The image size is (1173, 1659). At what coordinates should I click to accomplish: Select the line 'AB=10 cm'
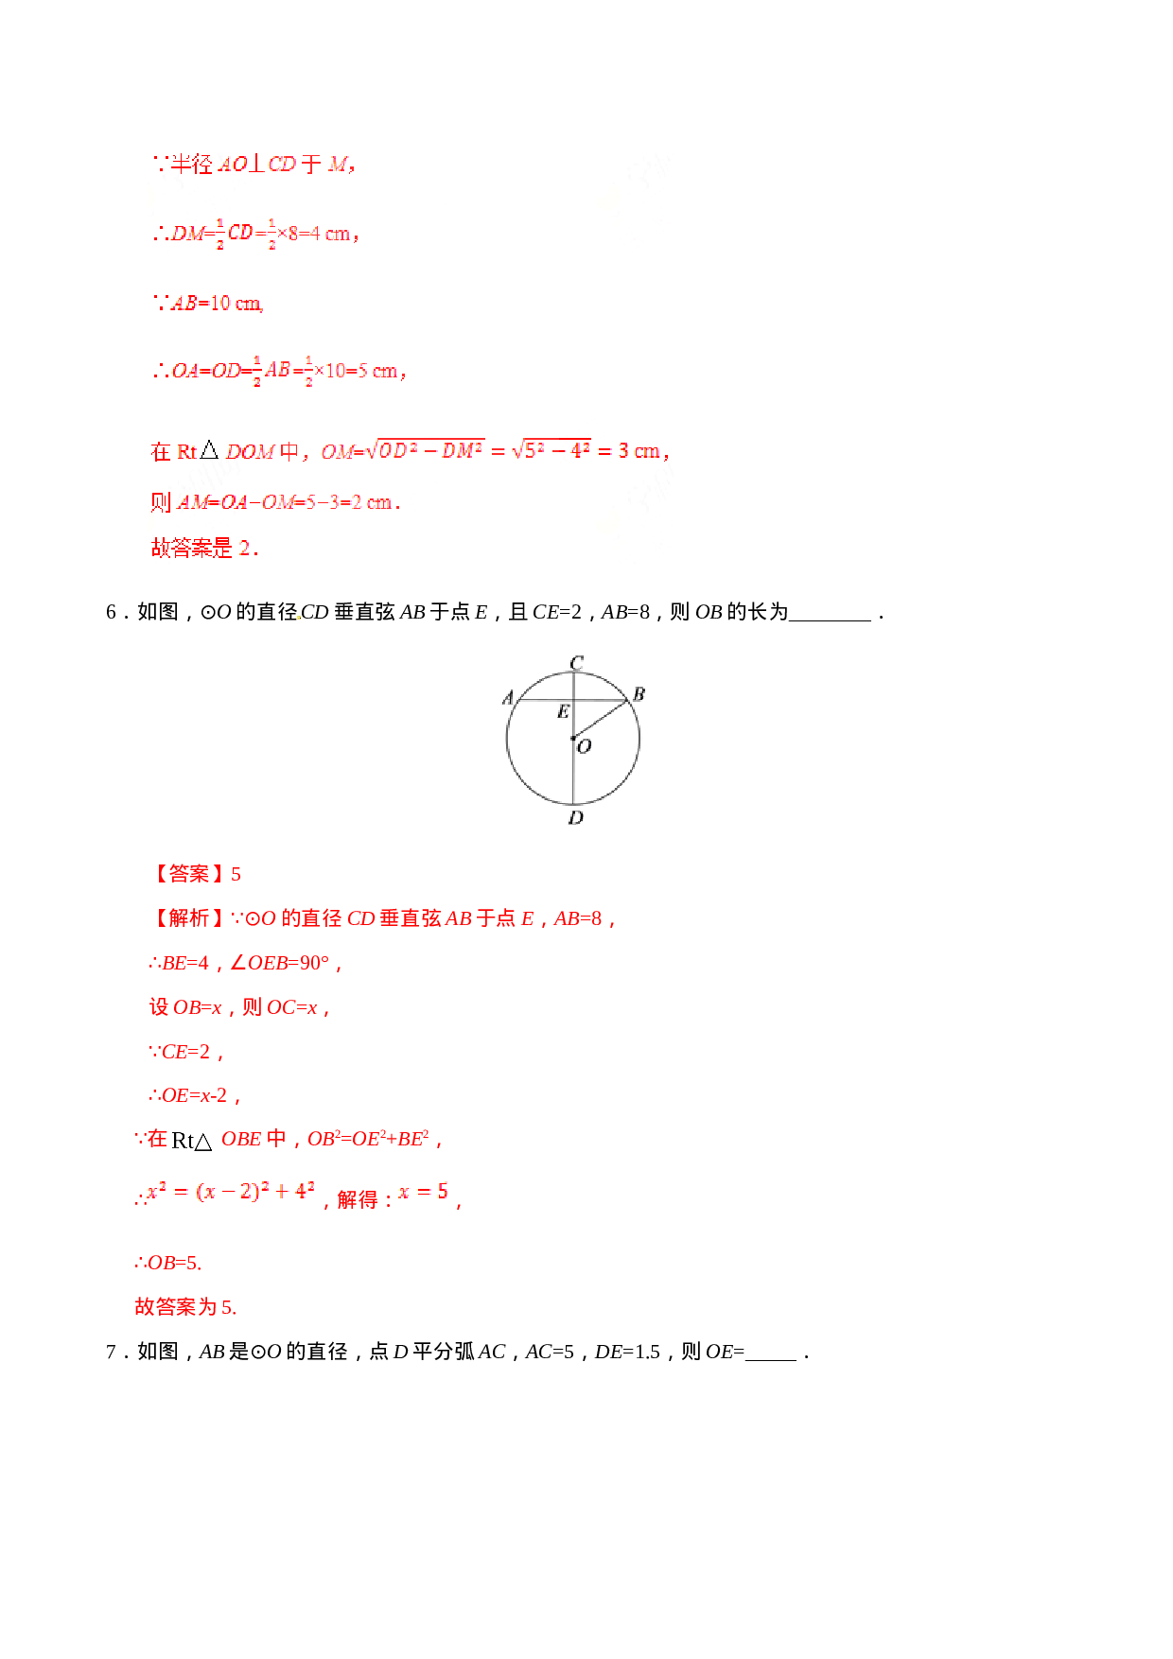pos(209,304)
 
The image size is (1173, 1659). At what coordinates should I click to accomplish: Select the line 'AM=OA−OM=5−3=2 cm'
pos(275,502)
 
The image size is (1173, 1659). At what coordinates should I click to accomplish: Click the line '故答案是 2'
pos(204,549)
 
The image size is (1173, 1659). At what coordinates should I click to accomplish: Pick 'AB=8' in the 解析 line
pos(578,918)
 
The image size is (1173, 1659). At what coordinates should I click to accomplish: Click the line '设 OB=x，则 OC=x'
pos(239,1007)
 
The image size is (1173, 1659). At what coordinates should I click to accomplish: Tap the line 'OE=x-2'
pos(195,1095)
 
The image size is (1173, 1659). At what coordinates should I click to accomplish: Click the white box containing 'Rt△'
pos(194,1140)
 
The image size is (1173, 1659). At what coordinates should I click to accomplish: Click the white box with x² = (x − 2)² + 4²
pos(231,1192)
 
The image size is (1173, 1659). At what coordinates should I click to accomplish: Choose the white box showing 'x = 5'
pos(424,1192)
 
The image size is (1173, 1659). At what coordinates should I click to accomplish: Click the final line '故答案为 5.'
pos(185,1307)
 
